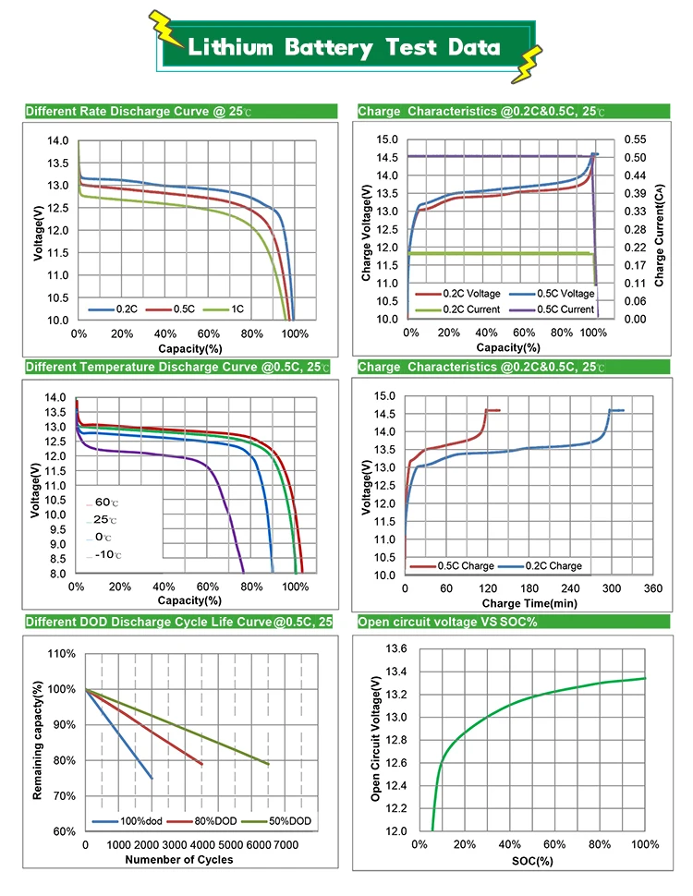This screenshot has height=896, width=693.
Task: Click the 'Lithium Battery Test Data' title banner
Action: (x=344, y=48)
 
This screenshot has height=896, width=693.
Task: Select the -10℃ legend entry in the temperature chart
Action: (x=107, y=554)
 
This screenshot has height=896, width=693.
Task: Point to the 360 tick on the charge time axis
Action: (x=652, y=588)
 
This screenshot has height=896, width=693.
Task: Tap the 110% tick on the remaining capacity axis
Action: (x=61, y=654)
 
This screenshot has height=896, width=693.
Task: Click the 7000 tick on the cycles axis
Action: (x=283, y=845)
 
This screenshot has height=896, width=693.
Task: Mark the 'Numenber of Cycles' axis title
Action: (x=179, y=860)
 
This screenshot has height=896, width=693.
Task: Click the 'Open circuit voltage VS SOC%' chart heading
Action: (x=447, y=622)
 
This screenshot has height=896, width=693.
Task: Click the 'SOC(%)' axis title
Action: (x=532, y=861)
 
